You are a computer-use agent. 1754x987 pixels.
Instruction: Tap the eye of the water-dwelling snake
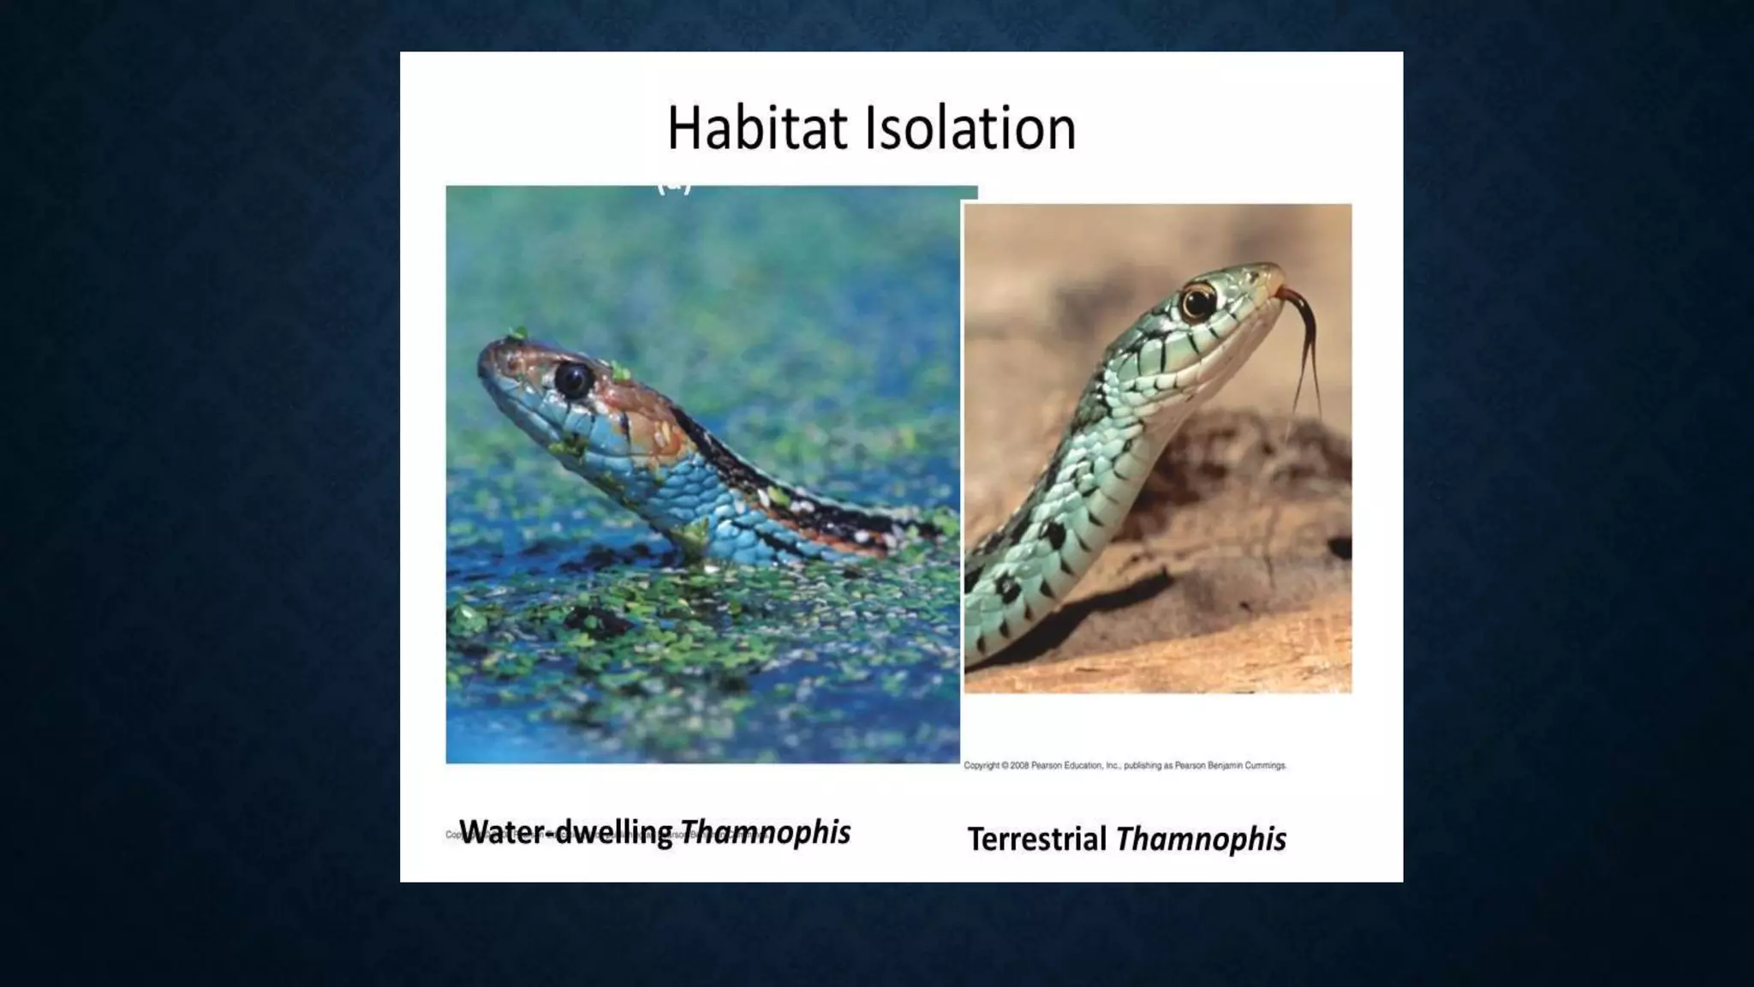(572, 379)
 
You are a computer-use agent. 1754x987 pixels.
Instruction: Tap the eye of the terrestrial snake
(1197, 302)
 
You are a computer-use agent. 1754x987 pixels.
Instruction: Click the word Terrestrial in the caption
(1036, 839)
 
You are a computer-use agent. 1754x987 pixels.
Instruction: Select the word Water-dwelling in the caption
(566, 831)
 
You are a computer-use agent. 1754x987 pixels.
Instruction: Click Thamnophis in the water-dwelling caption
(765, 831)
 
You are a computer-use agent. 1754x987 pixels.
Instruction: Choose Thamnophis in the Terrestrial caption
(1201, 839)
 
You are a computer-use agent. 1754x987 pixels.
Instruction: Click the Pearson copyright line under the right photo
(1125, 766)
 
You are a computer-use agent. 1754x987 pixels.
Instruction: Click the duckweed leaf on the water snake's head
(621, 372)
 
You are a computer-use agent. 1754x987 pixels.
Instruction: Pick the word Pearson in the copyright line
(1047, 766)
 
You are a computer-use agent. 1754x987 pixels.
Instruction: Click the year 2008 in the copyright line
(1019, 766)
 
